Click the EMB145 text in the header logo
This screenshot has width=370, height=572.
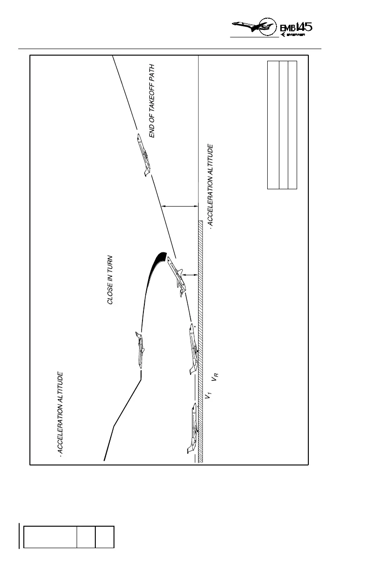tap(296, 27)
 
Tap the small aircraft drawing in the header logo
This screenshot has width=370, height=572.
tap(252, 27)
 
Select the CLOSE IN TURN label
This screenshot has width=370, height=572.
tap(111, 280)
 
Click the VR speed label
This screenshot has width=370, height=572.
tap(216, 377)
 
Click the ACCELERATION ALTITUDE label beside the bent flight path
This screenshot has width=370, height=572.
tap(60, 414)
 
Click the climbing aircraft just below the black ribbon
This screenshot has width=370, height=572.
tap(176, 276)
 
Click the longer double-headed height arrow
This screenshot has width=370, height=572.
tap(180, 206)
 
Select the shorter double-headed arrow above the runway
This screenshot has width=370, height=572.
tap(190, 275)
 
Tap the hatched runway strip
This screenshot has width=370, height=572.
tap(200, 341)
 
